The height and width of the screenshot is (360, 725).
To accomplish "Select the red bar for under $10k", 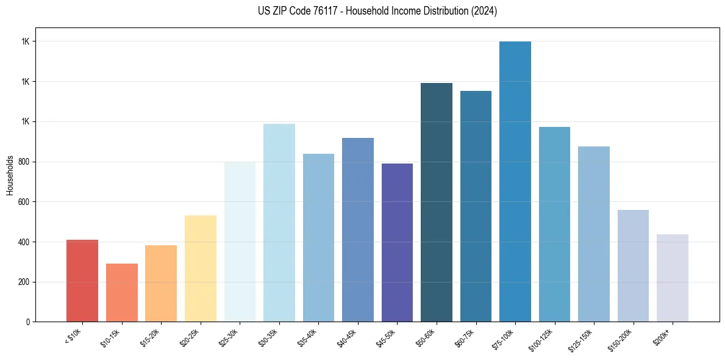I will pyautogui.click(x=82, y=281).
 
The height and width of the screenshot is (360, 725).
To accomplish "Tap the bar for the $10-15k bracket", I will pyautogui.click(x=122, y=292).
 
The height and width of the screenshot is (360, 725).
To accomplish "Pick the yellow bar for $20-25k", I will pyautogui.click(x=201, y=268).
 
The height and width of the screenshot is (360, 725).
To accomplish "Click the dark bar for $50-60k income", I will pyautogui.click(x=437, y=202).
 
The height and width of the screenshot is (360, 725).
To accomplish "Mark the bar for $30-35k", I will pyautogui.click(x=279, y=223).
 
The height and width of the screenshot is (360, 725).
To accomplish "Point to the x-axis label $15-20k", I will pyautogui.click(x=149, y=337).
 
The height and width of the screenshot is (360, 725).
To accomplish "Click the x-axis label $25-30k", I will pyautogui.click(x=228, y=337).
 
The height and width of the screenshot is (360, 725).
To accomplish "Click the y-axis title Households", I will pyautogui.click(x=10, y=175).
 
